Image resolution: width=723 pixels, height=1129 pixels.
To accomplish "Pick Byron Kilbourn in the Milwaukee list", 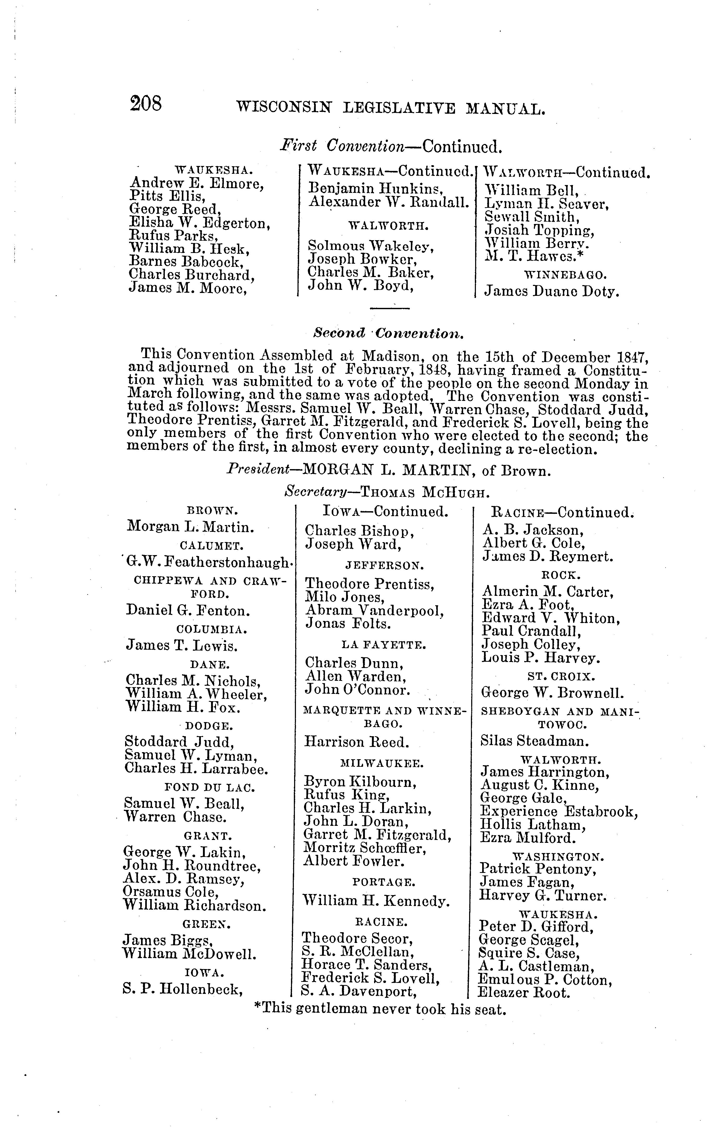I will point(360,782).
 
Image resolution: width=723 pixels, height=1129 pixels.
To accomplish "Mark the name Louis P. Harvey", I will point(541,658).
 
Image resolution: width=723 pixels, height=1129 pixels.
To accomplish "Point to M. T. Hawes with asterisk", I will point(535,256).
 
